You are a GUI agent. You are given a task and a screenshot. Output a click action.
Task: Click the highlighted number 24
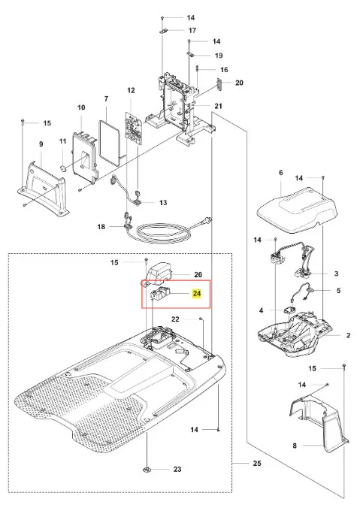tap(197, 294)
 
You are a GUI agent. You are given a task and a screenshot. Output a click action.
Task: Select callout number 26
tap(198, 275)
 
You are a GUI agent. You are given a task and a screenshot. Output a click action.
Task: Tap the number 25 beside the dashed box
tap(257, 464)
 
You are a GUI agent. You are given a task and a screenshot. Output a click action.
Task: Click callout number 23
tap(177, 470)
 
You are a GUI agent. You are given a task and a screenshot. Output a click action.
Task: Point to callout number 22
tap(175, 319)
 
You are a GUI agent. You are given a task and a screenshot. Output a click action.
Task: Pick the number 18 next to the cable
tap(101, 227)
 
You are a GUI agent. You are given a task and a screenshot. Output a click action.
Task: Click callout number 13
tap(163, 203)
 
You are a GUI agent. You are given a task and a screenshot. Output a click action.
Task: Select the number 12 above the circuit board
tap(131, 90)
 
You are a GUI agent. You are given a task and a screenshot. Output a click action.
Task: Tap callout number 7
tap(107, 98)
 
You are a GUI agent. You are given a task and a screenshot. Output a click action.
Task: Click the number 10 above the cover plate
tap(81, 107)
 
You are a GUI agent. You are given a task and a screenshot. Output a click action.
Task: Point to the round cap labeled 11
tap(62, 167)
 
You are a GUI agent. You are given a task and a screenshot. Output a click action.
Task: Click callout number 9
tap(41, 144)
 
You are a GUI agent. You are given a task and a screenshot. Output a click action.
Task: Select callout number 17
tap(192, 30)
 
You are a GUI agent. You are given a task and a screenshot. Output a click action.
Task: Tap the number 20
tap(239, 83)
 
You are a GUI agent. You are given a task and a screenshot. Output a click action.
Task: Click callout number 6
tap(281, 172)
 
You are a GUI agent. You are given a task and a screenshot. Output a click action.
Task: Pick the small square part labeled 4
tap(291, 310)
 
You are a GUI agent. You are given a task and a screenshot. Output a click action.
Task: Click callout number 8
tap(295, 446)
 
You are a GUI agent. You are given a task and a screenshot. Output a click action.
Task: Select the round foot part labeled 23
tap(147, 470)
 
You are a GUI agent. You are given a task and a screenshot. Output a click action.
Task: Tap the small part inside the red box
tap(159, 294)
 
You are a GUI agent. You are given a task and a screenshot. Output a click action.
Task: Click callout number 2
tap(348, 335)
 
